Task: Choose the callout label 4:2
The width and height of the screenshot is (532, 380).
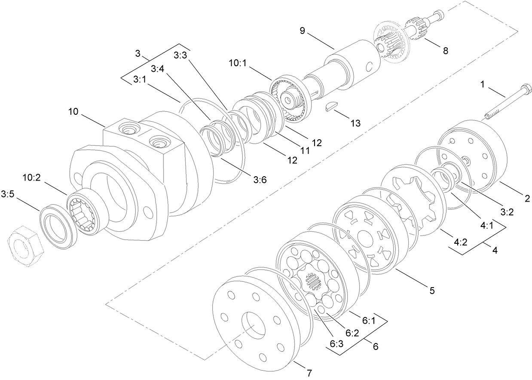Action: (x=460, y=242)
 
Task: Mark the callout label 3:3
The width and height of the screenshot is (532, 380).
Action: (x=180, y=55)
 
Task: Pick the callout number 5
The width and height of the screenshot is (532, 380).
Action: (x=431, y=291)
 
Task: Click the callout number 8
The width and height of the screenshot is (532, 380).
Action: (x=445, y=51)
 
